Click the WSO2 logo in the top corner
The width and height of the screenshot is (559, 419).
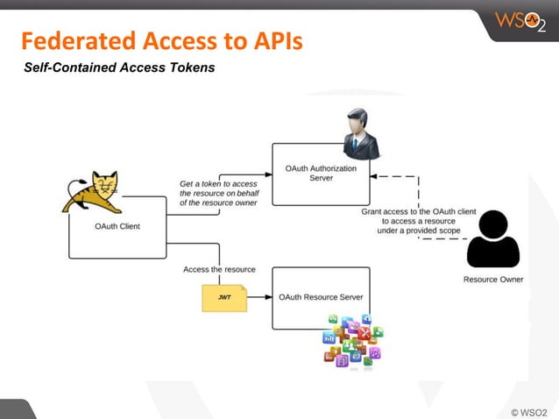coord(521,20)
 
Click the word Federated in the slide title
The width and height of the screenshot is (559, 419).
coord(74,41)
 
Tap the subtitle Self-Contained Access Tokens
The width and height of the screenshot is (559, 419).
coord(119,67)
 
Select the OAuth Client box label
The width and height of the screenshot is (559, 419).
coord(117,226)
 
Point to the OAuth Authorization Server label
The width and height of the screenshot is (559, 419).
coord(321,172)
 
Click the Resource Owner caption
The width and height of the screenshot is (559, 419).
coord(493,280)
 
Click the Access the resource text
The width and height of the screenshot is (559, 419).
coord(219,269)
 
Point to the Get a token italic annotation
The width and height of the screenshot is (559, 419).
coord(219,193)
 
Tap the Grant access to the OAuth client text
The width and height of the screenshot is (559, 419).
coord(419,221)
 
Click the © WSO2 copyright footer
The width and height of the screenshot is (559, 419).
coord(528,411)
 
